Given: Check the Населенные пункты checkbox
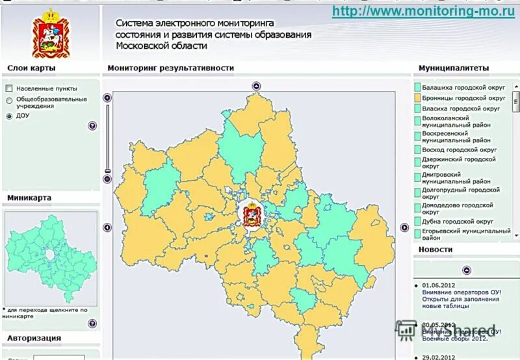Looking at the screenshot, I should (x=9, y=88).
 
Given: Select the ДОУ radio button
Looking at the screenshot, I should (x=9, y=116).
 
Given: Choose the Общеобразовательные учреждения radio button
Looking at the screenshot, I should (x=9, y=100).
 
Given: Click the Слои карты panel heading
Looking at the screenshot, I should (x=31, y=68).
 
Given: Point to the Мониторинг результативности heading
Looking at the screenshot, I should (x=170, y=68).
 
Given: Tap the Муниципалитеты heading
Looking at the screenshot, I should (x=453, y=68).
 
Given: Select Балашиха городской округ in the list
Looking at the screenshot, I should (x=463, y=86).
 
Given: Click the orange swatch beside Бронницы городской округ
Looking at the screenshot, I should (x=417, y=97).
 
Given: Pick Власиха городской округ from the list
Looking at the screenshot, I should (x=461, y=109).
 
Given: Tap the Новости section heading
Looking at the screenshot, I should (x=435, y=250).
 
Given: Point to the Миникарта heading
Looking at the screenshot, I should (x=29, y=198).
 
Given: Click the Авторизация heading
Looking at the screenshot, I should (x=34, y=338).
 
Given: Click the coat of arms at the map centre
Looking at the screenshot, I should (x=252, y=214).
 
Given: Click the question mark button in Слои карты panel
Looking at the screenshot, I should (x=92, y=126).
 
